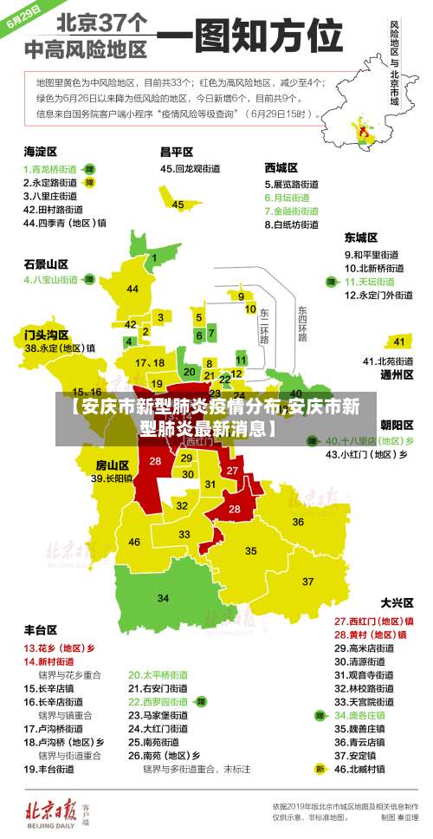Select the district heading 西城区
pos(281,166)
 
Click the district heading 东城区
pos(361,237)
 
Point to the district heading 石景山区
pos(46,263)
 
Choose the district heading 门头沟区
pos(46,333)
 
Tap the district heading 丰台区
pos(41,629)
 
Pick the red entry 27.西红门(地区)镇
pos(374,621)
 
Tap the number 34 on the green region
pos(163,597)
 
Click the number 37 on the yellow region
pos(307,580)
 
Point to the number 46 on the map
pos(134,542)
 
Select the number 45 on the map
pos(178,205)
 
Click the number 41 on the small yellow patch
pos(400,341)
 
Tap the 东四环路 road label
pos(302,322)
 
